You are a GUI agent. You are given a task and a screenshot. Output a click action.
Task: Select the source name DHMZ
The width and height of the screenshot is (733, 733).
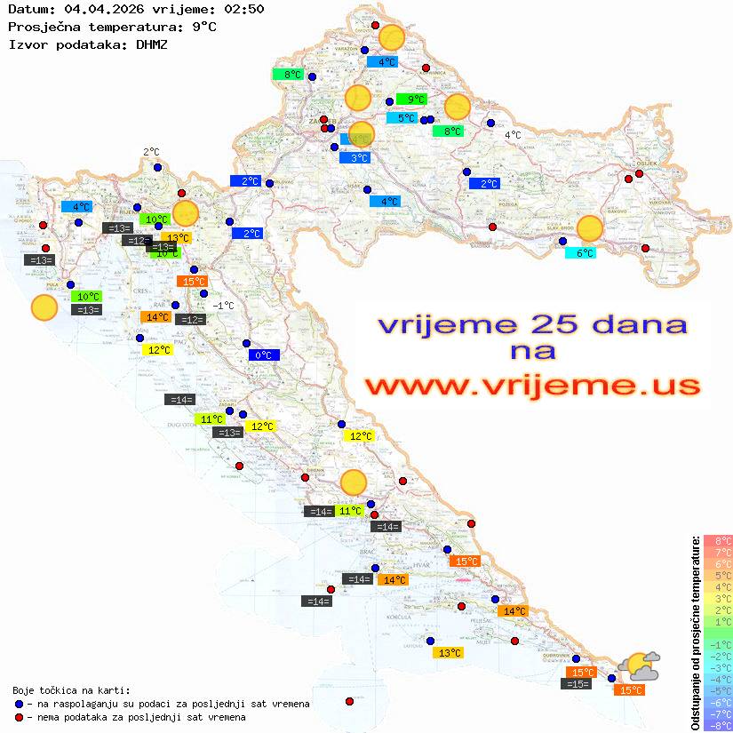coord(151,44)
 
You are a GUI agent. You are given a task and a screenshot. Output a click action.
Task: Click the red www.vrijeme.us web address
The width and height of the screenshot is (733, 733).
coord(531,386)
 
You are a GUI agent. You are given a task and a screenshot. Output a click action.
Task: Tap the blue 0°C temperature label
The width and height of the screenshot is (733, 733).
coord(264,355)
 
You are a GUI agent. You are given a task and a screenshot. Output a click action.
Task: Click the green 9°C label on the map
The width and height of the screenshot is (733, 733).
coord(411,100)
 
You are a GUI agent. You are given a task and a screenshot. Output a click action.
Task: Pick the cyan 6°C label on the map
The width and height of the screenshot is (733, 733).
coord(581,253)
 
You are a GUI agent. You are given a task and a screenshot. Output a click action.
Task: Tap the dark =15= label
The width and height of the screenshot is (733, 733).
coord(577,684)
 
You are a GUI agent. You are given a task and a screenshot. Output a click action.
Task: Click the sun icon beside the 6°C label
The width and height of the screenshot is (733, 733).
coord(589,228)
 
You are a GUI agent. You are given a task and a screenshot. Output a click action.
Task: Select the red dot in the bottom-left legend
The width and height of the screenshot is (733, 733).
coord(20,717)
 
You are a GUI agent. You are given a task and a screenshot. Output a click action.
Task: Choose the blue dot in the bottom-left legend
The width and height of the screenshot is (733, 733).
coord(20,704)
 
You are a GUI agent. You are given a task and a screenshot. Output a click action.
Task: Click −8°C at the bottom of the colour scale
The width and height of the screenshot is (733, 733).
coord(718,725)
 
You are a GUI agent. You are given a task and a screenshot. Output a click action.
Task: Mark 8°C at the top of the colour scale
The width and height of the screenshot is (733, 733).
coord(718,540)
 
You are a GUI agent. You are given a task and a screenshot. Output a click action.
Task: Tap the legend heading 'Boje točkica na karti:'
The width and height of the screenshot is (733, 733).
coord(71,690)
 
